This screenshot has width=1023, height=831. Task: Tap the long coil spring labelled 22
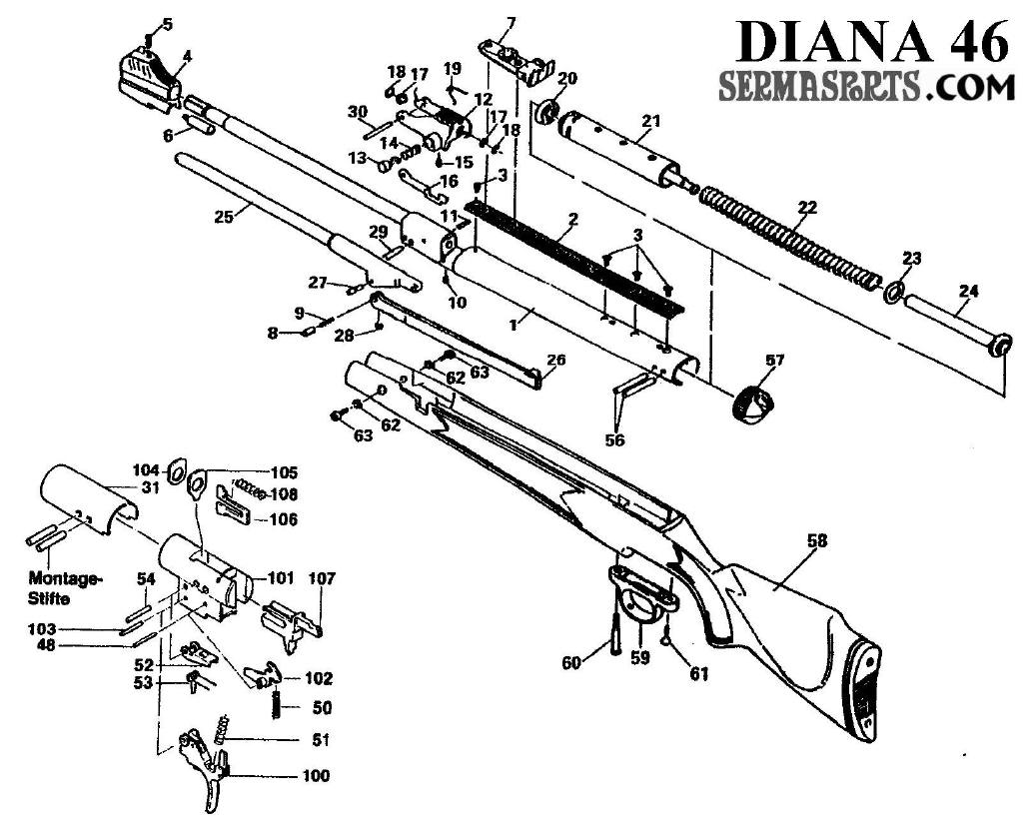click(789, 233)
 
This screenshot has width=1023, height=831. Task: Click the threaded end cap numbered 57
click(753, 409)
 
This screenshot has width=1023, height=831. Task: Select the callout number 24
click(967, 292)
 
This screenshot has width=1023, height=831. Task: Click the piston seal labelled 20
click(546, 112)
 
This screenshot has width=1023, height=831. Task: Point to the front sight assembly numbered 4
click(148, 76)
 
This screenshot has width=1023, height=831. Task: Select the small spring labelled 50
click(274, 704)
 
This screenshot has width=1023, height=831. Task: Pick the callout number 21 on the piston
click(651, 122)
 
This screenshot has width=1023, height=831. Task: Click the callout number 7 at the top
click(511, 22)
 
